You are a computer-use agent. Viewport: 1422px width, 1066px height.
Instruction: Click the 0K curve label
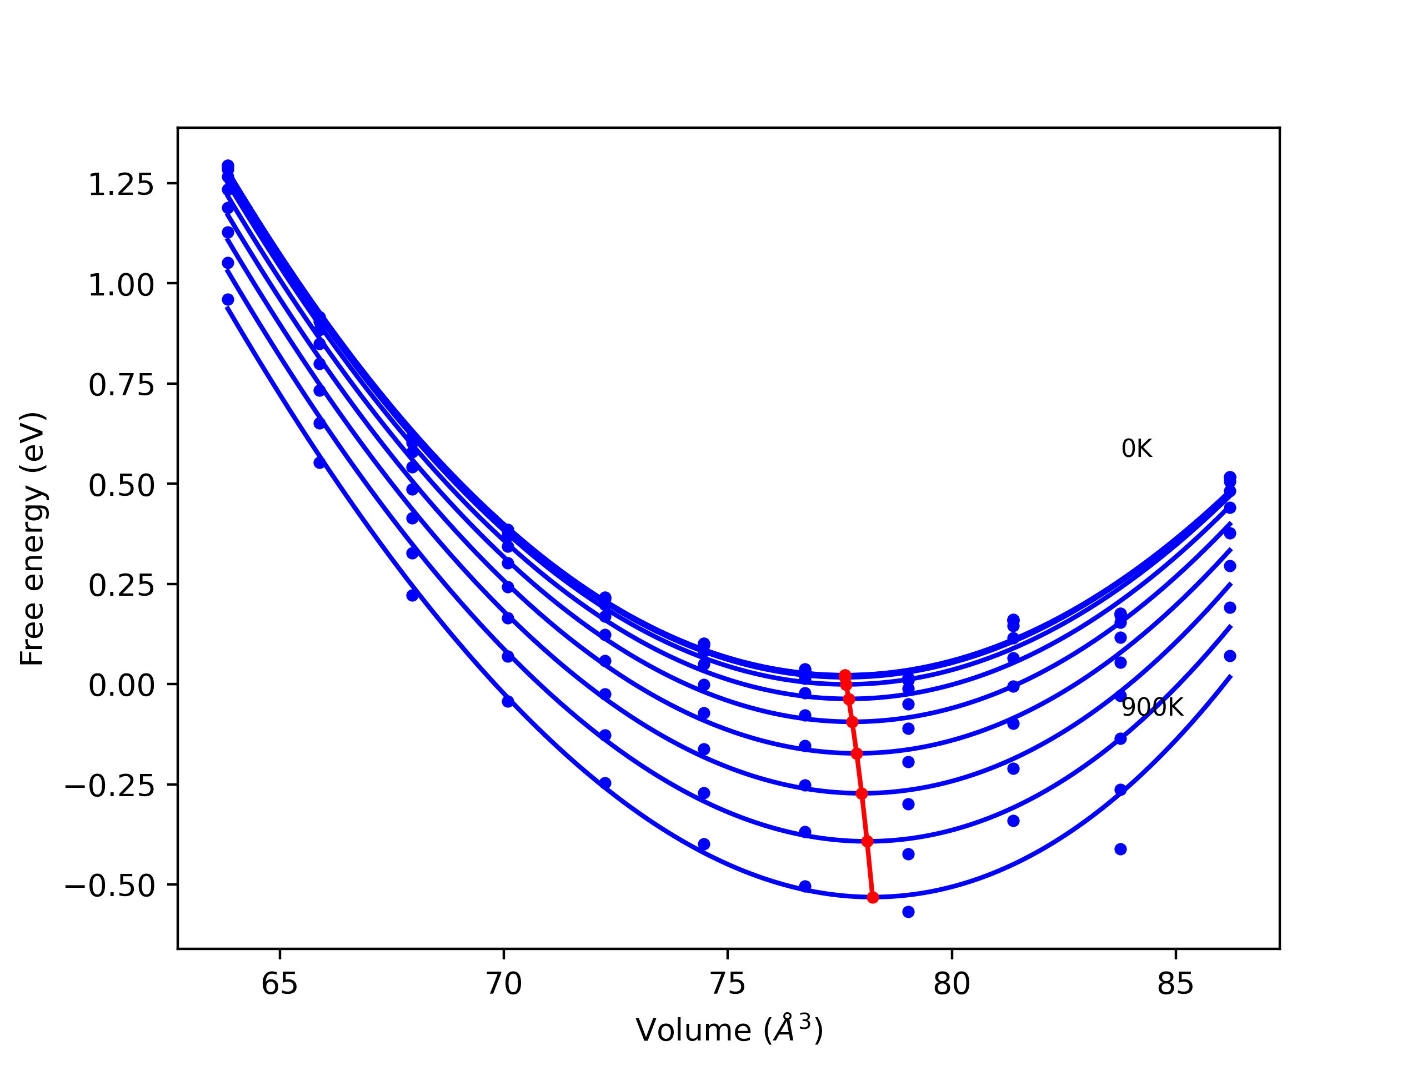(x=1136, y=449)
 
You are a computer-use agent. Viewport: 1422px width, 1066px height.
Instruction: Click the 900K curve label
(x=1152, y=707)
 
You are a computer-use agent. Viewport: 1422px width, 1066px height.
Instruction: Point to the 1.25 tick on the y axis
(x=121, y=185)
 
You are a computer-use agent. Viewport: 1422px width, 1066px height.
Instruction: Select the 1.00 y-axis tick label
(x=121, y=285)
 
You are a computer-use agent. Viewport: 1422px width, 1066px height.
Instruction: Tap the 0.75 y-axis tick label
(x=121, y=385)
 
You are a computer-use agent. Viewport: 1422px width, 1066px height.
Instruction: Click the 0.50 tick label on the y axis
(x=121, y=486)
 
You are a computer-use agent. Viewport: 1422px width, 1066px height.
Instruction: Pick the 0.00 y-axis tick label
(x=121, y=686)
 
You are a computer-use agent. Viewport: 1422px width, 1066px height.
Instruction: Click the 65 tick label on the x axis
(x=279, y=984)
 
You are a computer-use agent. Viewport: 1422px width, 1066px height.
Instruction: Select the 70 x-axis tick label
(x=503, y=984)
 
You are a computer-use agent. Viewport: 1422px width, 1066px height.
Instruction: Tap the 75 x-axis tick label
(x=727, y=984)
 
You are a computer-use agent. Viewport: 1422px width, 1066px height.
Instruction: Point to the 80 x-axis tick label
(x=952, y=984)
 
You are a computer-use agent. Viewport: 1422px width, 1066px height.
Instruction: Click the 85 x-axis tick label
(x=1175, y=984)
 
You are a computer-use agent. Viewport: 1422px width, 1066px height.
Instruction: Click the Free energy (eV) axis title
(x=32, y=539)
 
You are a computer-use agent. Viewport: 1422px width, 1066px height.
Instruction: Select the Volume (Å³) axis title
(x=729, y=1030)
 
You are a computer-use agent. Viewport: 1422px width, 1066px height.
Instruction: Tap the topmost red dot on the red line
(x=845, y=675)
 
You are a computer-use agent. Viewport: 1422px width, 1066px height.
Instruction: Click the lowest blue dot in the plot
(x=908, y=912)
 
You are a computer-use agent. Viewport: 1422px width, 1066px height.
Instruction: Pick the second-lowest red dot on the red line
(x=867, y=842)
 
